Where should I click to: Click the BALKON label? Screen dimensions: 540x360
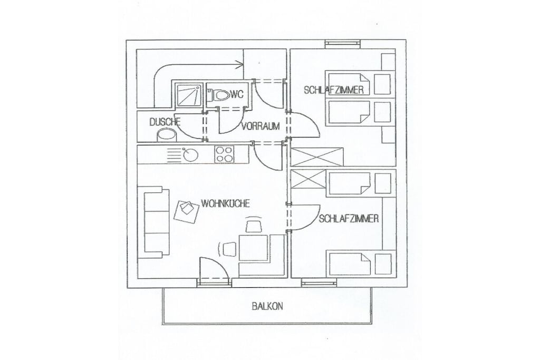(x=267, y=306)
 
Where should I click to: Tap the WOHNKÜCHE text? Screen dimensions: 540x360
(x=225, y=203)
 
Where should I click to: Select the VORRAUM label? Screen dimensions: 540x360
(x=261, y=126)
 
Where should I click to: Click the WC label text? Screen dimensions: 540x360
(x=237, y=94)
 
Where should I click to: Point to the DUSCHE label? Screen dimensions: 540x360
(x=165, y=122)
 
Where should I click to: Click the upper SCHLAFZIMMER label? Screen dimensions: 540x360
(x=334, y=90)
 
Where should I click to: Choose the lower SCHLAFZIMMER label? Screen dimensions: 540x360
(x=349, y=219)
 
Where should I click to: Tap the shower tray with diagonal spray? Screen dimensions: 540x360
(x=187, y=94)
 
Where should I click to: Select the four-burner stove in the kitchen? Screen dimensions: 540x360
(x=224, y=154)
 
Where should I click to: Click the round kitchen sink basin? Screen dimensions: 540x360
(x=190, y=155)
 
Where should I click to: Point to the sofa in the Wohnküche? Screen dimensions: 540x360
(x=153, y=222)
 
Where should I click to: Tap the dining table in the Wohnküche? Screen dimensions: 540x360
(x=254, y=247)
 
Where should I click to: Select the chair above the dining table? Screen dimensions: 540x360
(x=253, y=225)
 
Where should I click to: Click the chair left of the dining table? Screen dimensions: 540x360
(x=228, y=249)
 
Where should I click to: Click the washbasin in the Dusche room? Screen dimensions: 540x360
(x=166, y=135)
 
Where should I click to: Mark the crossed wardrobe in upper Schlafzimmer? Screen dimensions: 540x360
(x=317, y=157)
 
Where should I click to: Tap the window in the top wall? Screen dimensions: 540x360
(x=343, y=43)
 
